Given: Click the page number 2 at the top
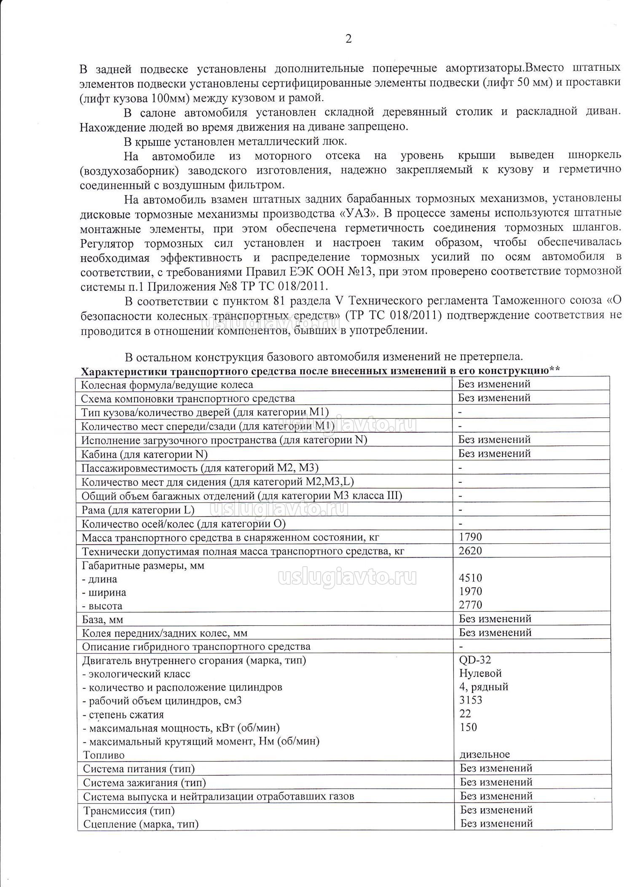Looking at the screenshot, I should (x=348, y=39).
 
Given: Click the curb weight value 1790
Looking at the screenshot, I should (x=470, y=537).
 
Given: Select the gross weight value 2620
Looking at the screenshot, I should (x=470, y=551).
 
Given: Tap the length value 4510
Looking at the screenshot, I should (x=470, y=578).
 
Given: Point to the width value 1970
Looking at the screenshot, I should (x=470, y=591).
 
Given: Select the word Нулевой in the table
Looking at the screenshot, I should (x=480, y=673).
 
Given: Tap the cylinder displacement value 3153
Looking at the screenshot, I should (x=471, y=700).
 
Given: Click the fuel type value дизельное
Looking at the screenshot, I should (x=485, y=754).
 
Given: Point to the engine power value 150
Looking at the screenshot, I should (x=468, y=727).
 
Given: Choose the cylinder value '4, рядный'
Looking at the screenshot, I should (x=484, y=687).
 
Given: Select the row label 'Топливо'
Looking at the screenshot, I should (x=104, y=755).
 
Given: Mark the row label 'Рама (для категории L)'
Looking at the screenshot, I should (x=138, y=510).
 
